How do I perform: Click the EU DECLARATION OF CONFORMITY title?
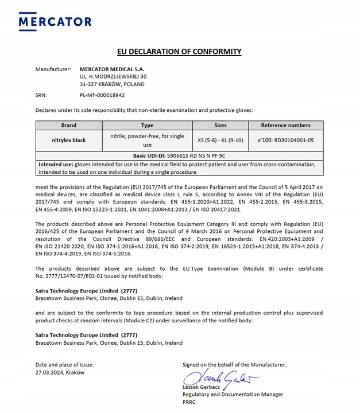(x=179, y=52)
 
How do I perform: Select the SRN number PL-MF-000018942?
(x=103, y=95)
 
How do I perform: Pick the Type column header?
(x=147, y=125)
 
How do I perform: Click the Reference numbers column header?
(x=285, y=125)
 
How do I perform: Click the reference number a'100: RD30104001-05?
(x=285, y=139)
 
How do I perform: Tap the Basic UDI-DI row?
(x=179, y=155)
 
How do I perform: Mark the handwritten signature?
(x=220, y=377)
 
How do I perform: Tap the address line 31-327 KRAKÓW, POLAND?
(x=112, y=84)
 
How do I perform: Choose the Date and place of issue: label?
(x=64, y=364)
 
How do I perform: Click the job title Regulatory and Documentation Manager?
(x=233, y=395)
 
